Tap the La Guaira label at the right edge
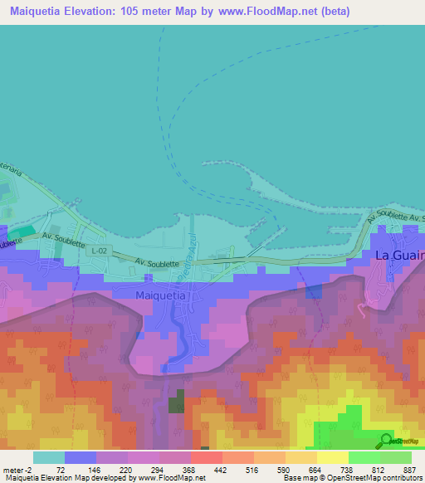(400, 255)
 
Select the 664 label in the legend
(316, 469)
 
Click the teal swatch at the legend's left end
(48, 457)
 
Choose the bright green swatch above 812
(364, 457)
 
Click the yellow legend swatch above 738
(332, 457)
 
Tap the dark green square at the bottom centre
(177, 406)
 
